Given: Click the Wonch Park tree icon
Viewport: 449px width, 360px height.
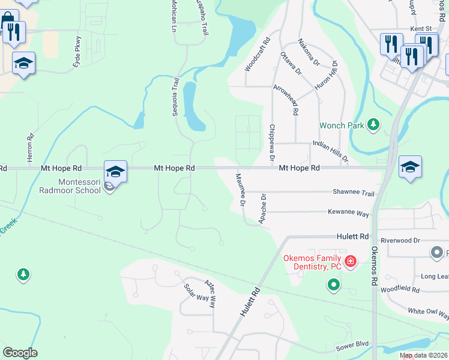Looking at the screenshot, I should (374, 124).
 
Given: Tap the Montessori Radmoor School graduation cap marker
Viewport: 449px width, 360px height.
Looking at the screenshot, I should (115, 172).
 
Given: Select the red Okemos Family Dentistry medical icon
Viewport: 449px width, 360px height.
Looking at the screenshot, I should (350, 261).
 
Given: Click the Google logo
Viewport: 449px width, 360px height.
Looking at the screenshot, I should (20, 352).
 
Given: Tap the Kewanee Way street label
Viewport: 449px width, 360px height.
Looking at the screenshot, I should (348, 212).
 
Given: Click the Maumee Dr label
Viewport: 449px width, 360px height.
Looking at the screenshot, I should (240, 189).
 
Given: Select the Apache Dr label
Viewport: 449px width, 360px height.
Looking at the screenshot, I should (262, 209).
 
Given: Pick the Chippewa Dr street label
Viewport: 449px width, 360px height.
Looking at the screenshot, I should (272, 142).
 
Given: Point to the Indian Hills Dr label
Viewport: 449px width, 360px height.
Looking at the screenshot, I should (330, 151).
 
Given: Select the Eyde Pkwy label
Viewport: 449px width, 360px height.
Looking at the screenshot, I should (77, 52).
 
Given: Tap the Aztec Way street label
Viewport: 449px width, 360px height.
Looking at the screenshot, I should (209, 293).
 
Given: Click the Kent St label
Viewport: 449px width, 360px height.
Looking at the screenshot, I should (421, 28).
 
